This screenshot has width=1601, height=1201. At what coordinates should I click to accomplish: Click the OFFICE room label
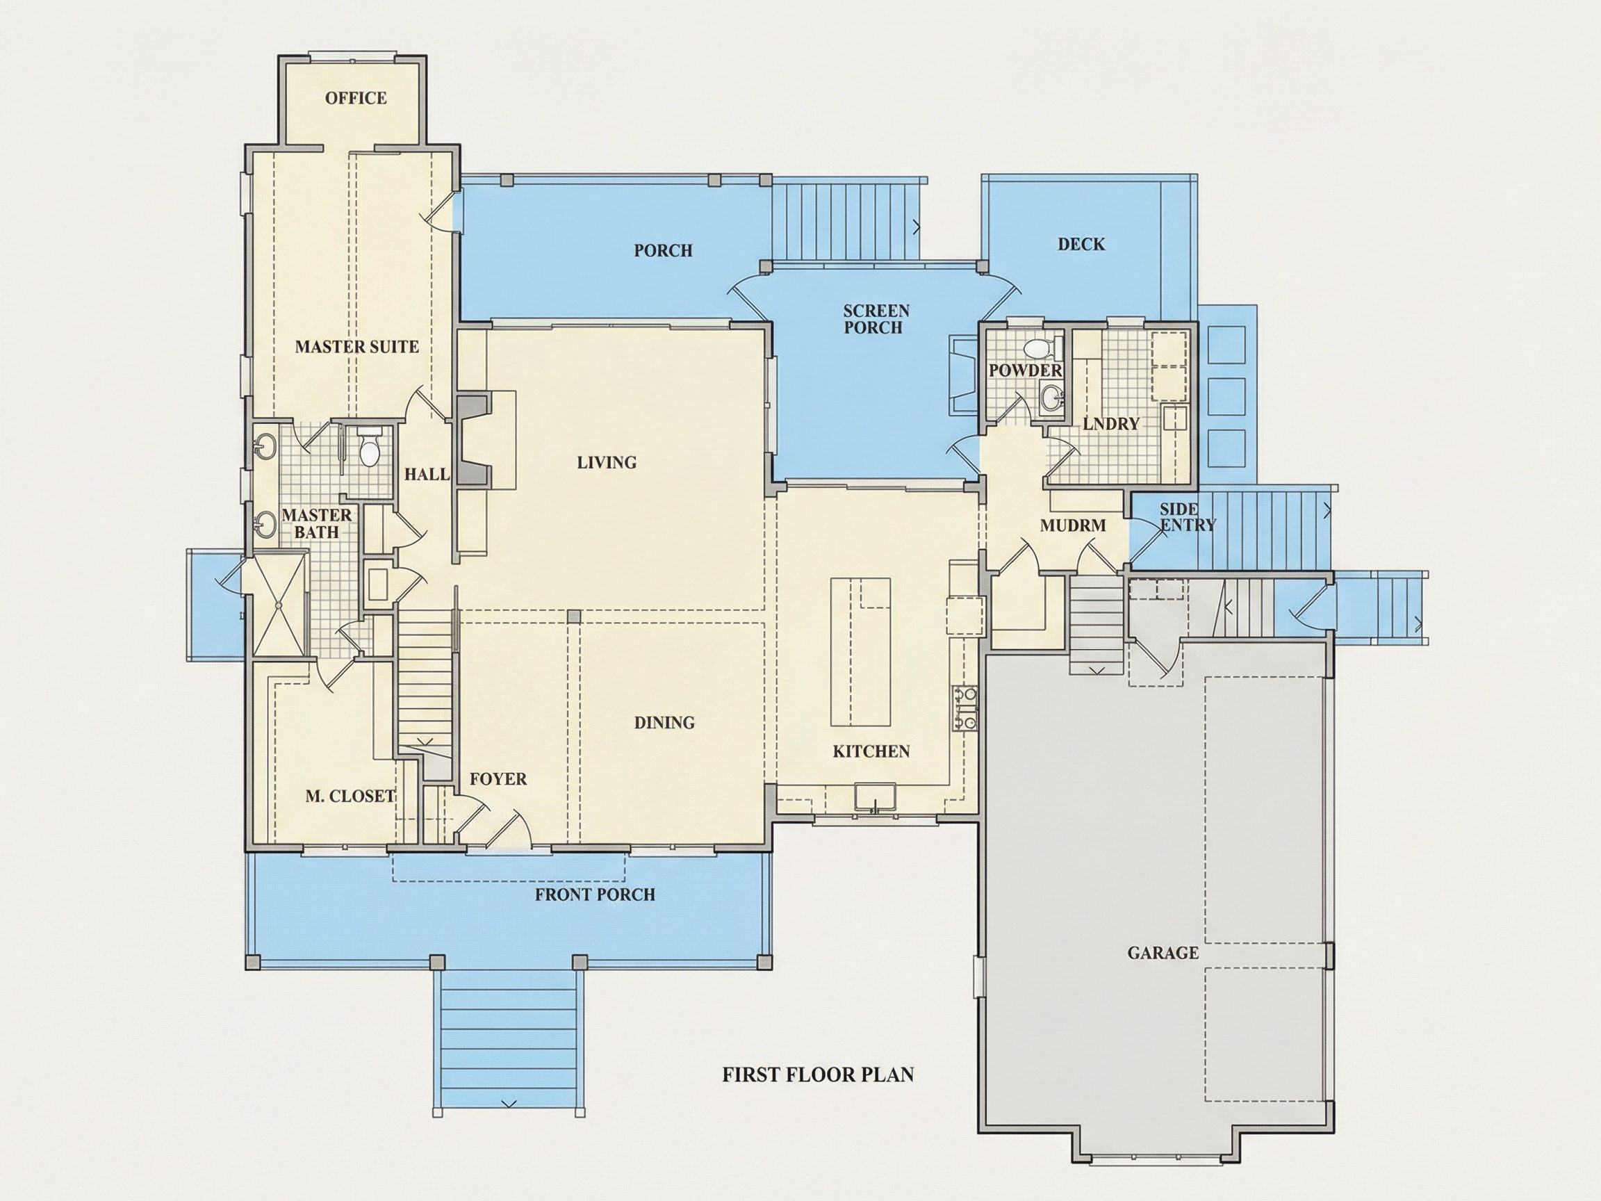point(355,98)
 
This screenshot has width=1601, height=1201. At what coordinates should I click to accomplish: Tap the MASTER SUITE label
point(357,347)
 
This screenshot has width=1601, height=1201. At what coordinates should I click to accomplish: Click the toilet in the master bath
point(370,448)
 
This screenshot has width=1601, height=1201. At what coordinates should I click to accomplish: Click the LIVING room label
point(607,462)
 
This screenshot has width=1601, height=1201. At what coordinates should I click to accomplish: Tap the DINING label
point(664,723)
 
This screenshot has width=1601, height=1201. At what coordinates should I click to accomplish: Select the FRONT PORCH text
point(595,894)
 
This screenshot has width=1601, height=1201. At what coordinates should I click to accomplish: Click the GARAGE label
point(1163,953)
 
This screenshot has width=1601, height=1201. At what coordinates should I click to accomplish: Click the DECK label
point(1081,244)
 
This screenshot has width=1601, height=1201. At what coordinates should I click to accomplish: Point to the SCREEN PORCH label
point(876,319)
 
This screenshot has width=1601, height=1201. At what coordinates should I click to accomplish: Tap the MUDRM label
point(1073,525)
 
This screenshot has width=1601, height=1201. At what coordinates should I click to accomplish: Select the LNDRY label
point(1111,423)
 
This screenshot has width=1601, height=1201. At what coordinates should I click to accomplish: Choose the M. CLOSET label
point(350,796)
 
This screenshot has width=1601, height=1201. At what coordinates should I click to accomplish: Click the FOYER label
point(498,779)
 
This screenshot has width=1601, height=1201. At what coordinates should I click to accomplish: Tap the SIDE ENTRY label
point(1187,517)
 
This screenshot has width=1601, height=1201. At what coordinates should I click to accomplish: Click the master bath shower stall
point(279,604)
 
